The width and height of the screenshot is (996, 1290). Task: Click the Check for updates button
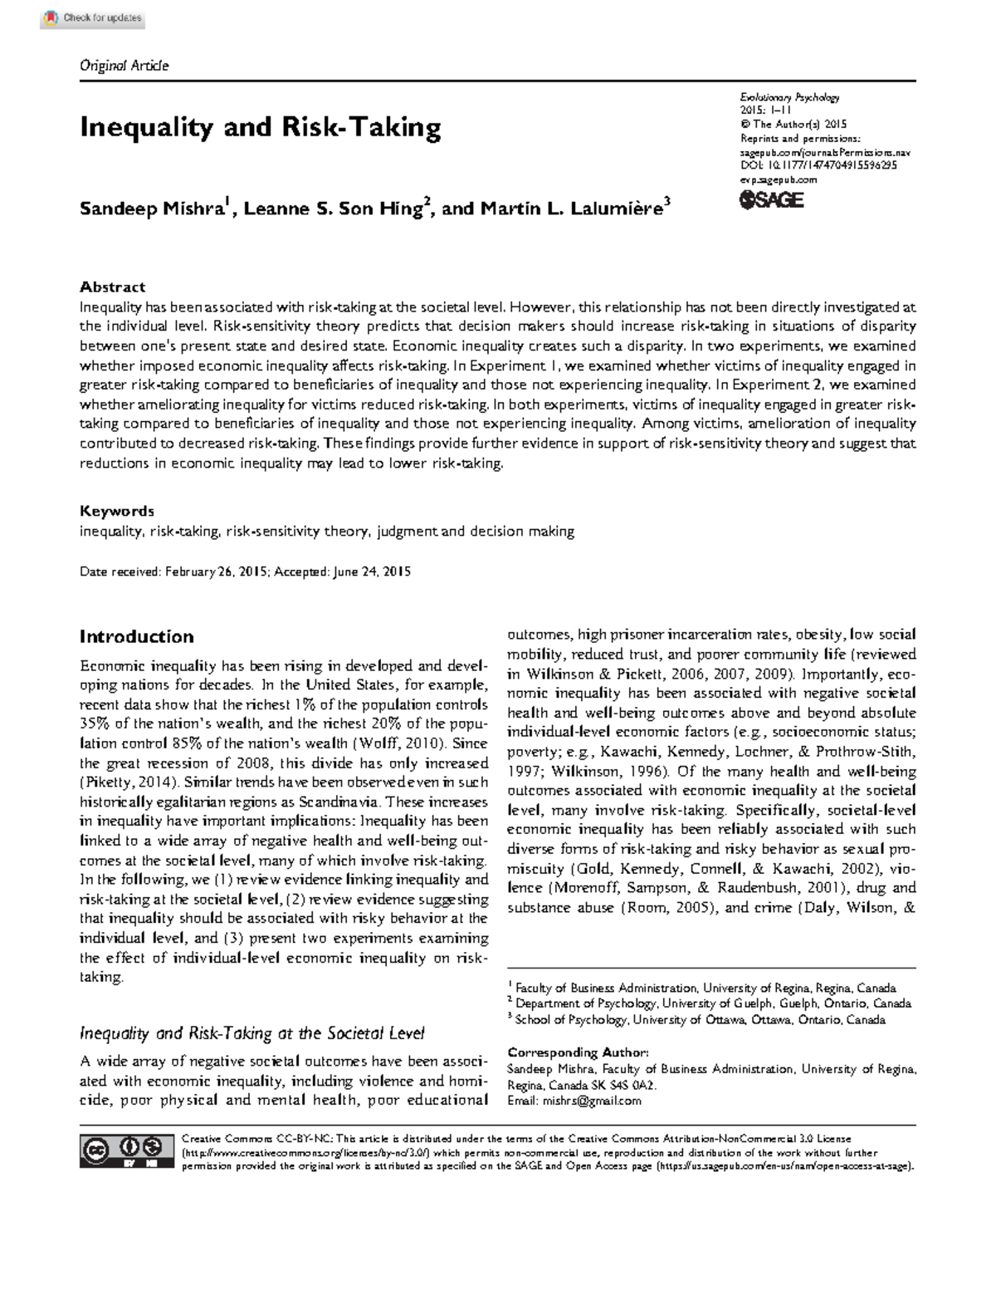[x=93, y=18]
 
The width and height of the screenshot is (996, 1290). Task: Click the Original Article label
[x=124, y=66]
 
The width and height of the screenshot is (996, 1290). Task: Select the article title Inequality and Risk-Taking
[x=260, y=128]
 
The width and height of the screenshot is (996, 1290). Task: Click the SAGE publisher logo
[x=771, y=199]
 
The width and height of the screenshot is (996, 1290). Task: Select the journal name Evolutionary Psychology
[x=789, y=97]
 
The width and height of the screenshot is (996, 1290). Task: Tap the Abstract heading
[x=112, y=287]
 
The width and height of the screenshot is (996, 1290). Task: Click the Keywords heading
[x=116, y=511]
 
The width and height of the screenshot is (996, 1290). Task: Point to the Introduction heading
[x=136, y=637]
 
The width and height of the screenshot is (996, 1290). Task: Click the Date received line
[x=245, y=571]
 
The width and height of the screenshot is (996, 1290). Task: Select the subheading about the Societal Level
[x=251, y=1033]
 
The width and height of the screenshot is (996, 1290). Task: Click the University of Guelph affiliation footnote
[x=712, y=1003]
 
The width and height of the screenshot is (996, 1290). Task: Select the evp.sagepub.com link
[x=778, y=179]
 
